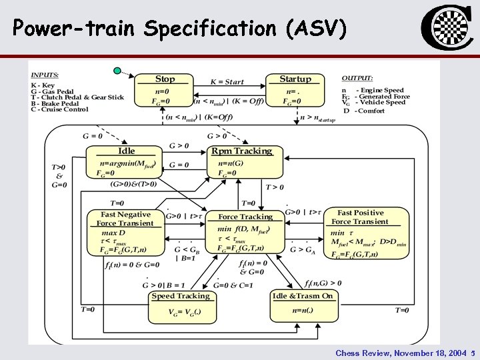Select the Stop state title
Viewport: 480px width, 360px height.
[x=165, y=79]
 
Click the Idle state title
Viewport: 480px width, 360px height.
[x=127, y=151]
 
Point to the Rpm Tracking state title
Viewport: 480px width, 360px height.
[x=241, y=151]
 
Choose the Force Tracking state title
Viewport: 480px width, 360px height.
[x=245, y=217]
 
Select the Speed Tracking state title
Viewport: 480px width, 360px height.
[x=180, y=296]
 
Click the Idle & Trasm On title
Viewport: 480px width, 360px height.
[x=302, y=296]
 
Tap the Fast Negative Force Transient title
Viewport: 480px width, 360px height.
[x=125, y=219]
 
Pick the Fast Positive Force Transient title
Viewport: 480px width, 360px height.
[x=360, y=217]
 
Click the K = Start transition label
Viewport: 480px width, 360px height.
[x=227, y=82]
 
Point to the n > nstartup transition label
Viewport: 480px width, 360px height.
[x=317, y=118]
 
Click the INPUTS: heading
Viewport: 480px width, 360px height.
[x=45, y=75]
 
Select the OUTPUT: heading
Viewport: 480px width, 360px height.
[x=357, y=77]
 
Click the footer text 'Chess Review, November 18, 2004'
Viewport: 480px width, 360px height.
[x=400, y=353]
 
